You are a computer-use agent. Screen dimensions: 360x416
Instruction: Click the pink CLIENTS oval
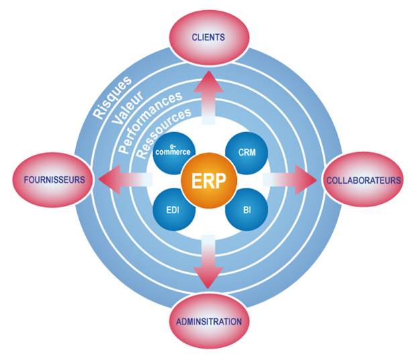[x=208, y=37]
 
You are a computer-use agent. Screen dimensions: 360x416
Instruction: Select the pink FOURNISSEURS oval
[x=51, y=180]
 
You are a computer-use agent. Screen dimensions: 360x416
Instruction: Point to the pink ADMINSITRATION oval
[x=208, y=321]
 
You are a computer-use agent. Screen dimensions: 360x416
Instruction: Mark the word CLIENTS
[x=208, y=38]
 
